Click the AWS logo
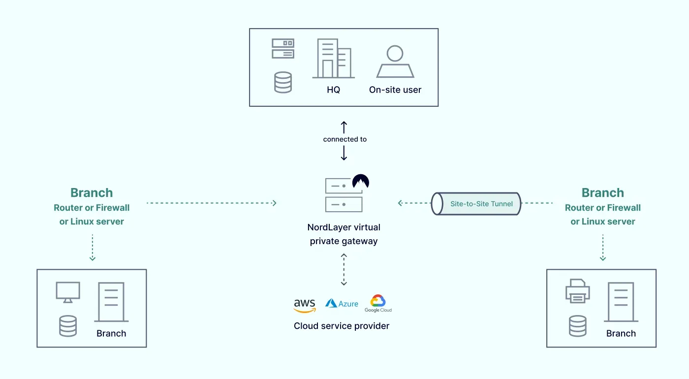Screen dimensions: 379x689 pyautogui.click(x=305, y=305)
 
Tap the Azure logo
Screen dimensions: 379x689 pyautogui.click(x=342, y=304)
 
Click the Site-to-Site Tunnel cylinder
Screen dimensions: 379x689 pyautogui.click(x=476, y=204)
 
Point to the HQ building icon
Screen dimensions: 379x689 pyautogui.click(x=333, y=59)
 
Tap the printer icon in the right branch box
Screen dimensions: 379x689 pyautogui.click(x=577, y=291)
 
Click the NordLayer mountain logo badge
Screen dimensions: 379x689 pyautogui.click(x=361, y=182)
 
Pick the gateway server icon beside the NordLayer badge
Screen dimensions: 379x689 pyautogui.click(x=344, y=195)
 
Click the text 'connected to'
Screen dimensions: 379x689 pyautogui.click(x=344, y=139)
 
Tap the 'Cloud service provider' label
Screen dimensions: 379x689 pyautogui.click(x=342, y=326)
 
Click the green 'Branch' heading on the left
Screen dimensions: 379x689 pyautogui.click(x=92, y=193)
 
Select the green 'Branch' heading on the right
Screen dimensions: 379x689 pyautogui.click(x=602, y=193)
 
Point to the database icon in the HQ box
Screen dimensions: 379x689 pyautogui.click(x=283, y=82)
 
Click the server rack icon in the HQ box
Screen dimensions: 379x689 pyautogui.click(x=283, y=49)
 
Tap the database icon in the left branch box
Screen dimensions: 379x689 pyautogui.click(x=68, y=326)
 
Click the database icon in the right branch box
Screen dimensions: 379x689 pyautogui.click(x=577, y=326)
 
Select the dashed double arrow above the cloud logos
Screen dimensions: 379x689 pyautogui.click(x=344, y=270)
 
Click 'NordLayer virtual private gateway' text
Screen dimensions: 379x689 pyautogui.click(x=344, y=234)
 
